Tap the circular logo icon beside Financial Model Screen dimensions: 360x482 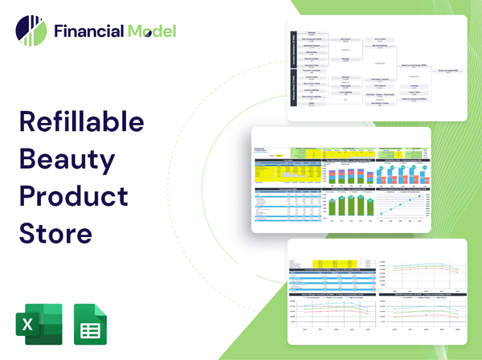tap(31, 31)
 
